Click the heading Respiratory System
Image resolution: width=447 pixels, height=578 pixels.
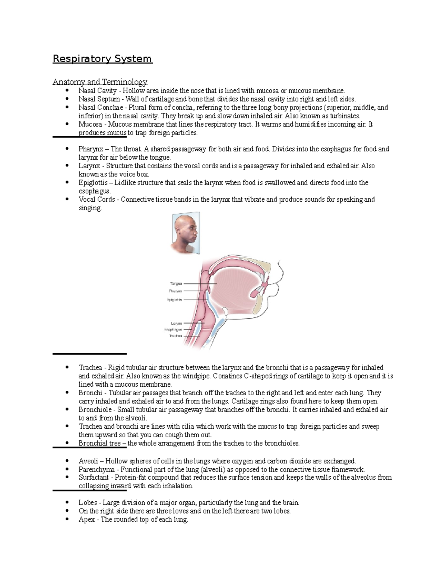102,59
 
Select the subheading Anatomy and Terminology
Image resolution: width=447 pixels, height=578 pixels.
100,82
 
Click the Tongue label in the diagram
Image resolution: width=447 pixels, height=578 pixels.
176,284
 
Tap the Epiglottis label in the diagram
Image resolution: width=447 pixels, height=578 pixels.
175,300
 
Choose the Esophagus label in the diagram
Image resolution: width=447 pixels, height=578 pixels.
173,329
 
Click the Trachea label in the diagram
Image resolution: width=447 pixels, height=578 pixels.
175,336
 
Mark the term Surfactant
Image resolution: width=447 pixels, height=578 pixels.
94,478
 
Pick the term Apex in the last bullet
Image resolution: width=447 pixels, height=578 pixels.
86,520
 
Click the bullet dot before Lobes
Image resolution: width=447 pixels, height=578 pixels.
67,502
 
